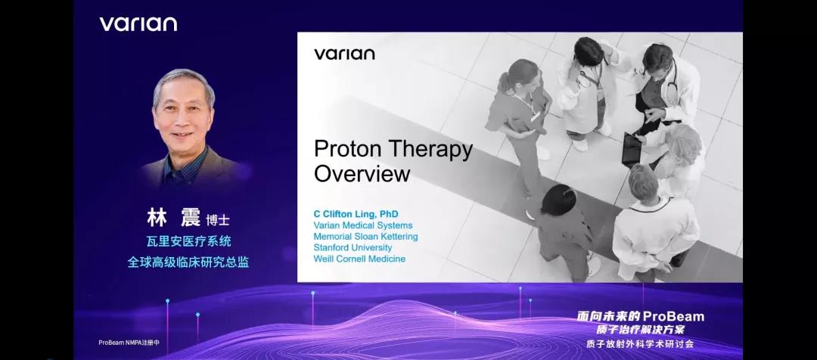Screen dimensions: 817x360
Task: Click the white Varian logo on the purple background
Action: tap(138, 24)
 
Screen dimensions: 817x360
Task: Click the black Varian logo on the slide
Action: tap(344, 54)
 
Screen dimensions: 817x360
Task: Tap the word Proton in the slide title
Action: tap(349, 150)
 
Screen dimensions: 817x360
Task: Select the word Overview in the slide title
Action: tap(362, 174)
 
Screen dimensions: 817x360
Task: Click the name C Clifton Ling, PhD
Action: tap(356, 214)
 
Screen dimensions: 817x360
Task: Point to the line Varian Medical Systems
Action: tap(362, 225)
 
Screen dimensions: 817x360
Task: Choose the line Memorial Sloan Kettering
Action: tap(365, 237)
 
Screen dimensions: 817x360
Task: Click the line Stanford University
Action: tap(353, 247)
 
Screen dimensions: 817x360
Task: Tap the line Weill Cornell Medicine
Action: tap(359, 259)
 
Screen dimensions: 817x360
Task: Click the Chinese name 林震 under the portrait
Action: tap(173, 218)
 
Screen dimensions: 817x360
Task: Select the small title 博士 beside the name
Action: tap(217, 220)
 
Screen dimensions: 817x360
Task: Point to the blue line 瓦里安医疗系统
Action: tap(188, 242)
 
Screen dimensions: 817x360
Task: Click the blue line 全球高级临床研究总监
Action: tap(188, 262)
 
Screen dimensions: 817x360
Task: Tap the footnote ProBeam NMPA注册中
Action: tap(129, 343)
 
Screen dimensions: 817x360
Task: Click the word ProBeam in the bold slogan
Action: tap(673, 316)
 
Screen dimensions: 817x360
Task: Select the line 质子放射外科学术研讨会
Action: tap(640, 344)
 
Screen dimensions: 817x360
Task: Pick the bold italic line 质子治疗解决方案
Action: tap(641, 330)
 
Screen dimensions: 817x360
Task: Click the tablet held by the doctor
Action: tap(632, 150)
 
